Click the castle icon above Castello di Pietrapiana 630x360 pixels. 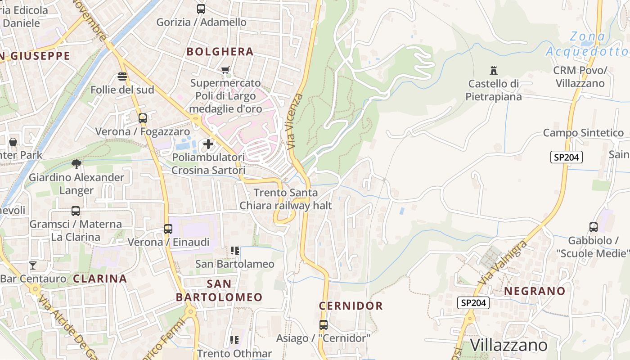coord(494,70)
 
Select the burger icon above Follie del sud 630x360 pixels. coord(122,76)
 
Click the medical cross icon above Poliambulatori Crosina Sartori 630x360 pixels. coord(208,144)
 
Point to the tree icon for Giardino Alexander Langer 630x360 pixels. coord(76,164)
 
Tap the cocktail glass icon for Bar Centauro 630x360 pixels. coord(33,265)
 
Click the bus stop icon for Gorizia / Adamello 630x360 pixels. coord(201,9)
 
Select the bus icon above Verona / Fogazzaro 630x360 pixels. coord(142,118)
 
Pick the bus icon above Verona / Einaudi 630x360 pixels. coord(168,229)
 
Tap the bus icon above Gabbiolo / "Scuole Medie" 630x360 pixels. coord(594,227)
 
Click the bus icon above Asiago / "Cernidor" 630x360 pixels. coord(323,324)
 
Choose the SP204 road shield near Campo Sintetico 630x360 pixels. coord(567,157)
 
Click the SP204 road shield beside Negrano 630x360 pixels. coord(474,303)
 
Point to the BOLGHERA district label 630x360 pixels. coord(220,52)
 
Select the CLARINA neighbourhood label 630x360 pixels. coord(100,279)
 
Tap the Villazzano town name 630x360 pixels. coord(508,345)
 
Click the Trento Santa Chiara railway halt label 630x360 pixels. coord(286,199)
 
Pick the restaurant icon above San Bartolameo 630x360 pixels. coord(234,251)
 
